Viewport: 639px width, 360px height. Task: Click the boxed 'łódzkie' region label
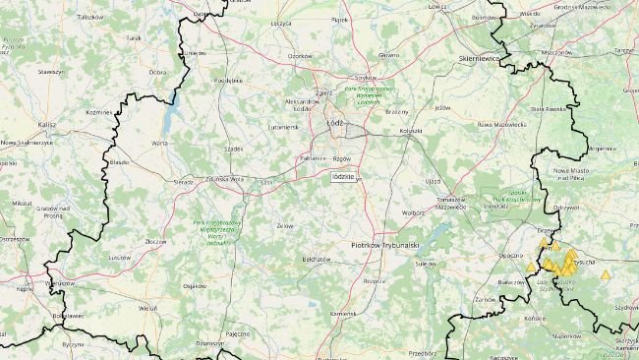344,176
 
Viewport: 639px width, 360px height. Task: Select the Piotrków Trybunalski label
386,244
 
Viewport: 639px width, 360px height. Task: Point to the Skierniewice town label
481,60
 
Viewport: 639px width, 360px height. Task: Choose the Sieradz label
184,182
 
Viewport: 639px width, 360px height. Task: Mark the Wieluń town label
148,308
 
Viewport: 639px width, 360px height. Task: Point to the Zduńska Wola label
224,179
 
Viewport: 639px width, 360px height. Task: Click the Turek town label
135,37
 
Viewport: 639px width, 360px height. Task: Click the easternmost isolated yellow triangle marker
605,275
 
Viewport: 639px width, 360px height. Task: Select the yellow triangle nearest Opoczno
532,267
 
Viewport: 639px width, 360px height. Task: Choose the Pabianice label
314,157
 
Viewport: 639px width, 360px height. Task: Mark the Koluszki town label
411,130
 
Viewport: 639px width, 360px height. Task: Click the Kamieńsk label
343,313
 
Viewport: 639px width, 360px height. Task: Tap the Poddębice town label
227,80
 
